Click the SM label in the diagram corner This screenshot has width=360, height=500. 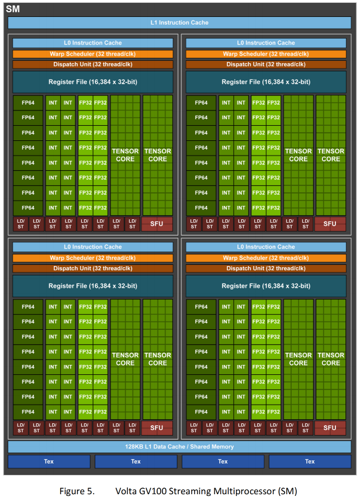click(x=13, y=8)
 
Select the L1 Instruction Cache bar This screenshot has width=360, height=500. click(x=179, y=23)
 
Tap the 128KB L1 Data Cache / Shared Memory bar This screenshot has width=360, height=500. click(x=179, y=447)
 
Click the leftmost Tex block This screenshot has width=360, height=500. click(x=49, y=461)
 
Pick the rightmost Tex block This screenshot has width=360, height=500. click(x=310, y=461)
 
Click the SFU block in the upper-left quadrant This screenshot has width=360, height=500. click(x=157, y=223)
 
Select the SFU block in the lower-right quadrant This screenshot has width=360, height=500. click(x=330, y=427)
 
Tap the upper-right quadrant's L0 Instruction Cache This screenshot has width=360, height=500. click(x=266, y=43)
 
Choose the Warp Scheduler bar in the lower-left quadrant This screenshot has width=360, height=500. click(x=93, y=258)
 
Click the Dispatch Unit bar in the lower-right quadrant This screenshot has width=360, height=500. click(x=266, y=268)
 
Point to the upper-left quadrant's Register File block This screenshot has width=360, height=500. click(x=93, y=82)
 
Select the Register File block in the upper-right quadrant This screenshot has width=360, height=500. click(x=266, y=82)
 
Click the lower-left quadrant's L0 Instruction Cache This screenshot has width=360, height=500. click(x=93, y=247)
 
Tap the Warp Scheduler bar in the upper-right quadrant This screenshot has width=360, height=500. click(x=266, y=54)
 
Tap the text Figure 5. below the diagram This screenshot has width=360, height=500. click(x=77, y=490)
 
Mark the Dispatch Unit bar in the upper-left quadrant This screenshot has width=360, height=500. click(x=93, y=64)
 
